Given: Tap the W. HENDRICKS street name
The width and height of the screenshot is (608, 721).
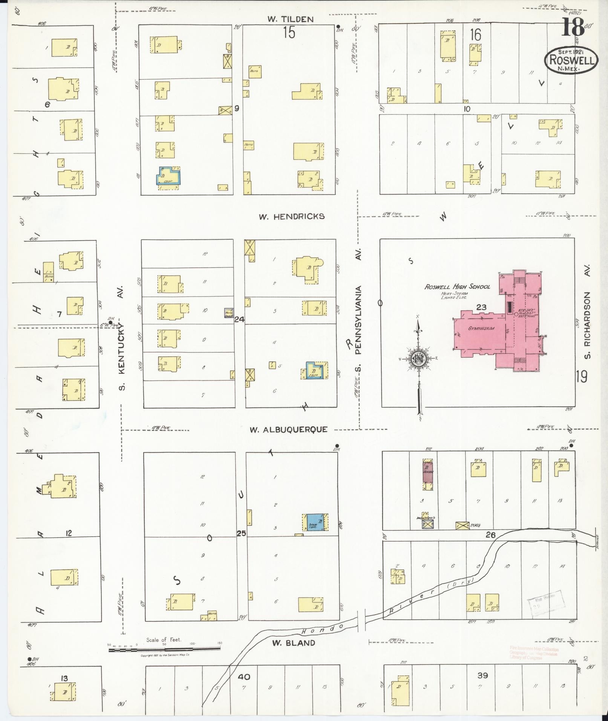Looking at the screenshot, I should tap(292, 216).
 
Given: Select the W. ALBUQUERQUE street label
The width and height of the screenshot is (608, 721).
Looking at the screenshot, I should tap(289, 429).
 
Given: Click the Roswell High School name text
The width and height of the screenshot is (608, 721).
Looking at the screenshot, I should tap(457, 287).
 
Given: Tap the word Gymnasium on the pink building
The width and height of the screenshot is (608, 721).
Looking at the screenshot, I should tap(481, 329).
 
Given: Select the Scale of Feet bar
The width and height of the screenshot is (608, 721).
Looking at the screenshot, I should tap(164, 649).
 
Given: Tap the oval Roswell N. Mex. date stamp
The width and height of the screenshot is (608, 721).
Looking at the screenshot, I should tap(571, 60).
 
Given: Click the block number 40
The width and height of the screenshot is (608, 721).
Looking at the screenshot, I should tap(244, 677).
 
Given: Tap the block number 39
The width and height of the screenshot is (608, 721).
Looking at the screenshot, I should tap(482, 675).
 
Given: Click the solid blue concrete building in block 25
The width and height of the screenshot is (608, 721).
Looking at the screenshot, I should tap(314, 522).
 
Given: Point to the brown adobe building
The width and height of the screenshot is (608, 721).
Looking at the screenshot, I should tap(427, 471).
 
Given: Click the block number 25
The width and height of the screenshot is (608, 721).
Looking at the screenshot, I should tap(241, 533).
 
